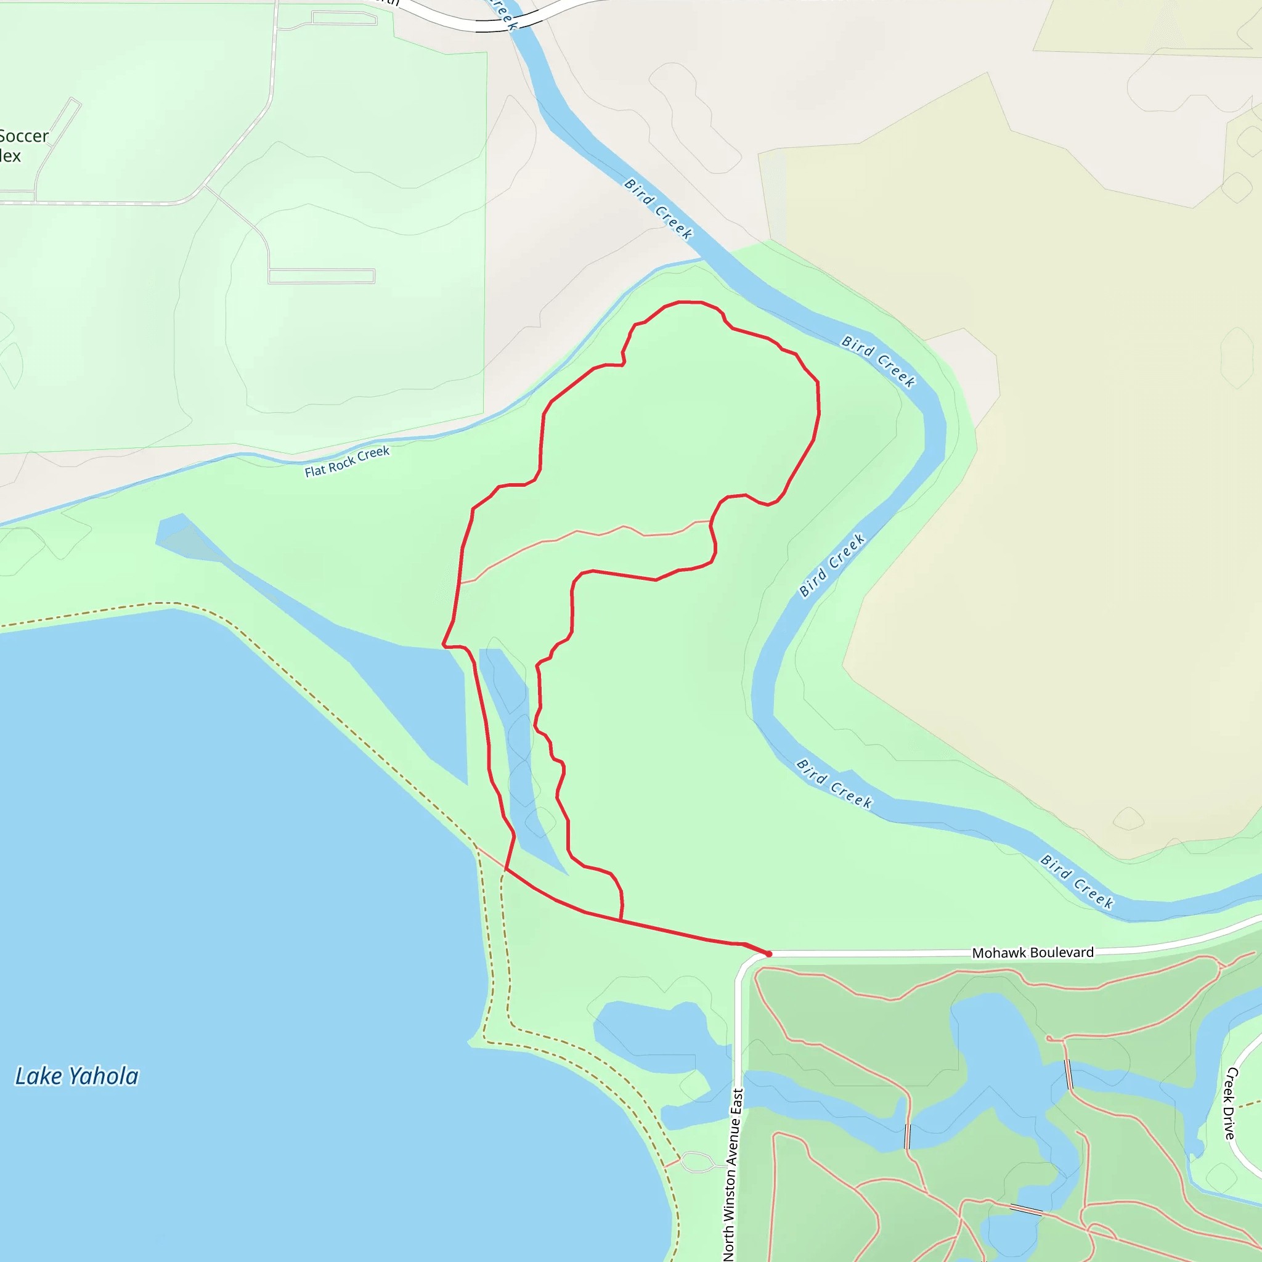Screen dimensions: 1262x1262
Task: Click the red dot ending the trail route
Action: pyautogui.click(x=769, y=954)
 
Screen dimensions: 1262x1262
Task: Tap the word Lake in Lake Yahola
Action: pyautogui.click(x=39, y=1077)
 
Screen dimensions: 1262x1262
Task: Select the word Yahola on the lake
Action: pyautogui.click(x=104, y=1077)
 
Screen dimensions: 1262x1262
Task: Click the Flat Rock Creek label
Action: pyautogui.click(x=347, y=461)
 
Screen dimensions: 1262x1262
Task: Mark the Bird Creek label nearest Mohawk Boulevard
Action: pyautogui.click(x=1077, y=881)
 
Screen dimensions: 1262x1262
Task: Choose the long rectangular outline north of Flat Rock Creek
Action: pyautogui.click(x=322, y=276)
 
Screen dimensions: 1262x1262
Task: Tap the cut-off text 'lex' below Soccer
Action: pyautogui.click(x=10, y=156)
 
